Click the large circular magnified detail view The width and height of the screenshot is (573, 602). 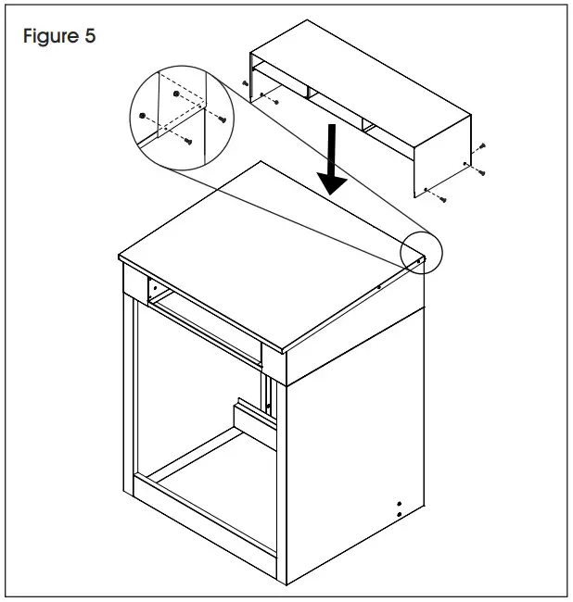point(175,109)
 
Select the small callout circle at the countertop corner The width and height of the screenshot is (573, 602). point(422,252)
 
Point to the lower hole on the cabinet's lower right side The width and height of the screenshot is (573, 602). point(399,512)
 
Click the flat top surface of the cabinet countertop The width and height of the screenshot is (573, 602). point(269,255)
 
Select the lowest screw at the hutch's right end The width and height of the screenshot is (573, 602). point(443,198)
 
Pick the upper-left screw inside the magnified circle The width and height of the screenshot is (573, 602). point(142,117)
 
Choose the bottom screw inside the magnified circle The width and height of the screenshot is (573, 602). point(188,141)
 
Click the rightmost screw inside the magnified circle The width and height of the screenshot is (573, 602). point(220,118)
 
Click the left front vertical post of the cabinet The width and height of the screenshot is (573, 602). point(131,398)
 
